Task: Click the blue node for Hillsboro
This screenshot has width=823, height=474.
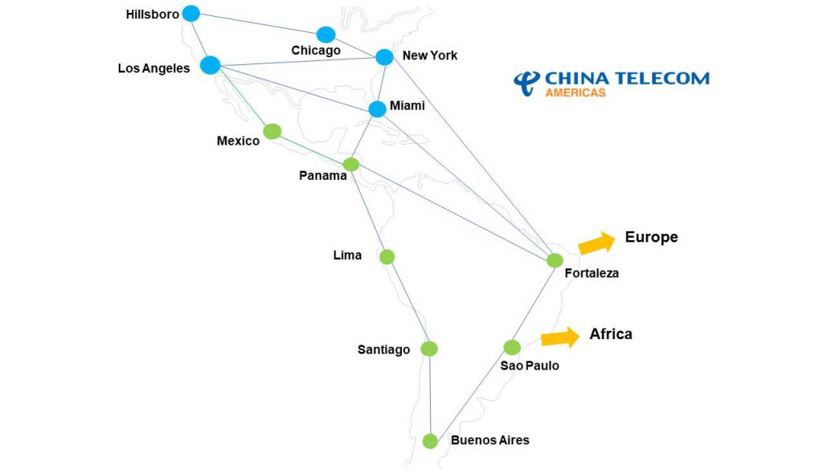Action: point(190,13)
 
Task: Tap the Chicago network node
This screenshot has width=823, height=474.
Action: point(326,35)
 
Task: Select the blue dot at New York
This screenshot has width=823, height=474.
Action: point(384,57)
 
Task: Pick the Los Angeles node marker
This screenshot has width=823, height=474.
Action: point(210,65)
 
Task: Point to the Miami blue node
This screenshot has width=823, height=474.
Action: point(377,108)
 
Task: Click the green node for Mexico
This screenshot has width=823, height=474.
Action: point(272,131)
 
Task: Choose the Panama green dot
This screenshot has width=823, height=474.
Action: point(350,165)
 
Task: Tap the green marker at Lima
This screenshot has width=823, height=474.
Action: point(387,257)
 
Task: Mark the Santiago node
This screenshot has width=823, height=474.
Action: point(429,349)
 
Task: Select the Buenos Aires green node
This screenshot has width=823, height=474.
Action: point(430,441)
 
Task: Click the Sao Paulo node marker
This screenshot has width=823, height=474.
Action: point(512,347)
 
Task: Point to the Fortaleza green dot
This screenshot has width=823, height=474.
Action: point(555,260)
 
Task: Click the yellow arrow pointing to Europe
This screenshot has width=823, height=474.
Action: point(596,242)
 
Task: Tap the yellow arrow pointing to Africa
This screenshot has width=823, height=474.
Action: point(560,337)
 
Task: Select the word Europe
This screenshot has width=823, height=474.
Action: point(651,237)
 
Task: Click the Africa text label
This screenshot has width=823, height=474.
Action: point(611,333)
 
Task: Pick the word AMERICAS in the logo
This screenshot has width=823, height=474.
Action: point(575,92)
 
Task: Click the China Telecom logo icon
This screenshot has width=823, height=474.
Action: point(526,82)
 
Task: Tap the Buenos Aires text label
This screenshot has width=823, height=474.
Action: point(490,440)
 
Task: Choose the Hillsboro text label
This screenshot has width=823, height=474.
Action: point(153,14)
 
